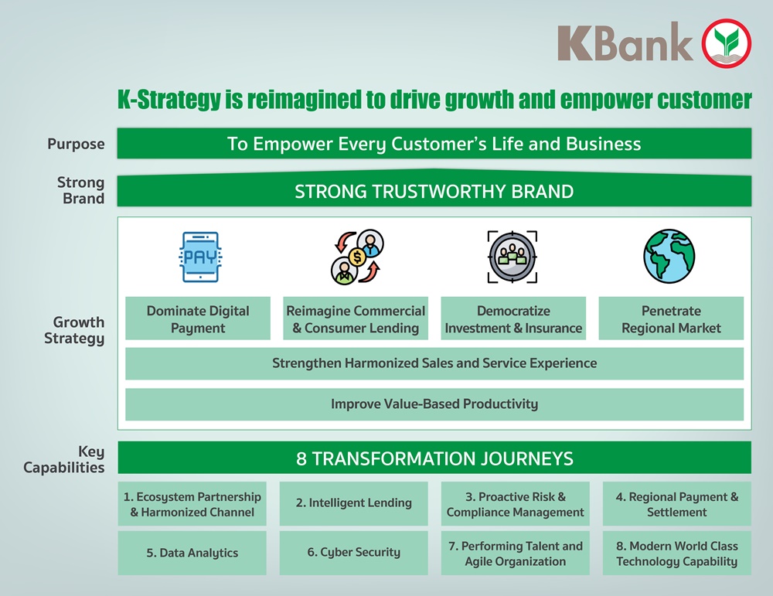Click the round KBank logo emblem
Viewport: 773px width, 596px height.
click(x=726, y=43)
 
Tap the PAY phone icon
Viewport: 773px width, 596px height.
click(x=200, y=257)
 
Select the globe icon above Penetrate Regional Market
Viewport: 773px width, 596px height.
click(x=669, y=256)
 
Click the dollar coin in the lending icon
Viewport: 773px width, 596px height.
click(x=357, y=257)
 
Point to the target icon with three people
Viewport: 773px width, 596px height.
click(x=512, y=257)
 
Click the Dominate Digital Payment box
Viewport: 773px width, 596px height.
click(x=198, y=318)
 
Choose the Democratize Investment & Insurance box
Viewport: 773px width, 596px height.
click(x=513, y=318)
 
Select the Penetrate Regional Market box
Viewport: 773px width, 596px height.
click(x=671, y=318)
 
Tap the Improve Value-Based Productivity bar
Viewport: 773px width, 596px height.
click(x=434, y=404)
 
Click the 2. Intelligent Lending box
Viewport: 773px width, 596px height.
click(x=353, y=503)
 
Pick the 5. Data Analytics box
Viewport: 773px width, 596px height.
click(x=192, y=553)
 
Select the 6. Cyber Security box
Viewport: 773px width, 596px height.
click(x=353, y=553)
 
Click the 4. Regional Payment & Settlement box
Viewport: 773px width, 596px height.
click(x=677, y=503)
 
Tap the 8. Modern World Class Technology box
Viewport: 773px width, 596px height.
click(x=677, y=553)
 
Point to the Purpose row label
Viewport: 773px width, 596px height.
click(x=76, y=144)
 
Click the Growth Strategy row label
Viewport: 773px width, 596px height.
click(x=74, y=330)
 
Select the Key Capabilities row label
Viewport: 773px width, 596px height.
click(x=64, y=459)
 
